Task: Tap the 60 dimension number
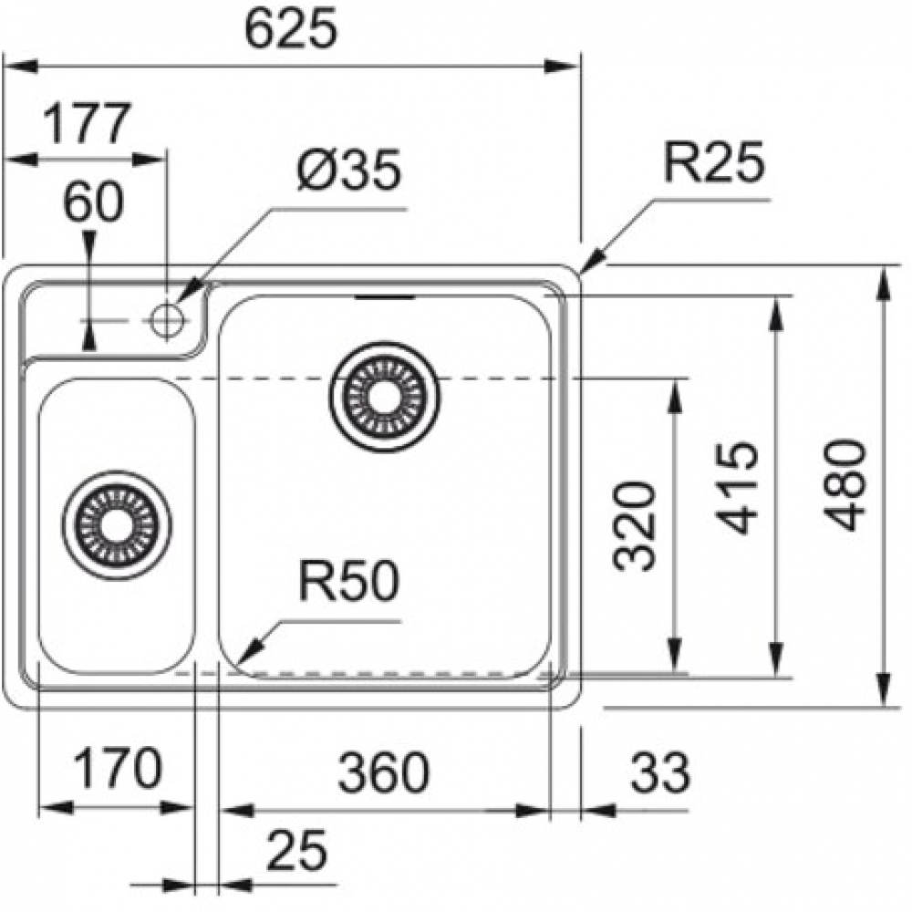coord(92,202)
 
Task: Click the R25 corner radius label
coord(712,165)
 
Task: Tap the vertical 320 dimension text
coord(636,525)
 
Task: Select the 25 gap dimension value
coord(297,852)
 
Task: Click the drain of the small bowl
coord(116,524)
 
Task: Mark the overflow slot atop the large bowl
coord(387,296)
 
